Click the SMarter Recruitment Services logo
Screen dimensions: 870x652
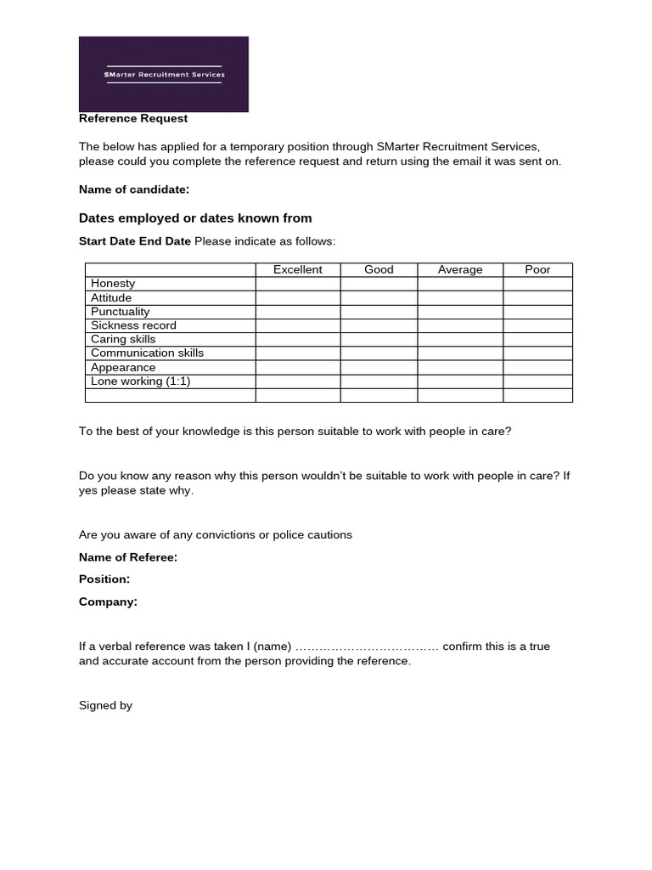coord(164,74)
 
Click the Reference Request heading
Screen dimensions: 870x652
coord(133,119)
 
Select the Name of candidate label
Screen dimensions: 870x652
coord(133,189)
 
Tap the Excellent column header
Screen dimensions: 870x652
coord(298,270)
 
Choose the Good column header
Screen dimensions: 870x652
coord(379,270)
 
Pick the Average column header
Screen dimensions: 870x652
coord(460,270)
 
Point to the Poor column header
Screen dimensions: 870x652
coord(537,270)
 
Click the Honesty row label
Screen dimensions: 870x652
coord(113,284)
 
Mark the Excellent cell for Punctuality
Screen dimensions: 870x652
coord(298,312)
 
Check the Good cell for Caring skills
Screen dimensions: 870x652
coord(379,339)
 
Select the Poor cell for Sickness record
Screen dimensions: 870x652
coord(537,325)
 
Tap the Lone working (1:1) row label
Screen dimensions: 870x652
coord(140,381)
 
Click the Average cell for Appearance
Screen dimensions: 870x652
coord(460,368)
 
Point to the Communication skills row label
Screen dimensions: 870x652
coord(147,353)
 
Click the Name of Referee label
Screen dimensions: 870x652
coord(128,557)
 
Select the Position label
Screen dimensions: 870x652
coord(104,579)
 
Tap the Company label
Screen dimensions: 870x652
coord(108,602)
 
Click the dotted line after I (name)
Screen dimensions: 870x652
coord(367,647)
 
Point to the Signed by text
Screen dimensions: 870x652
coord(105,705)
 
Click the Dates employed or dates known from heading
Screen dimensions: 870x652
coord(195,218)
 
